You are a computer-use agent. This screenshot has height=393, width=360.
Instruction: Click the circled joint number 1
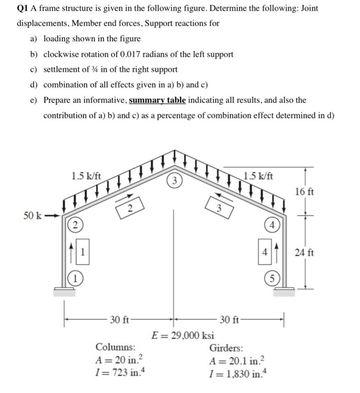click(73, 276)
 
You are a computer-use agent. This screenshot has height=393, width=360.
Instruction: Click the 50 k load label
click(33, 216)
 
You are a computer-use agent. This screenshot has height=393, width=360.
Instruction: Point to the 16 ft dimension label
click(308, 192)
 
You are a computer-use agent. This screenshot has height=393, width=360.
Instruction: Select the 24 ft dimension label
click(308, 253)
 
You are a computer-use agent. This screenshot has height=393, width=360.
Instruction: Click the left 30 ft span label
click(121, 320)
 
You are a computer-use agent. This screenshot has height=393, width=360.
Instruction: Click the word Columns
click(115, 347)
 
